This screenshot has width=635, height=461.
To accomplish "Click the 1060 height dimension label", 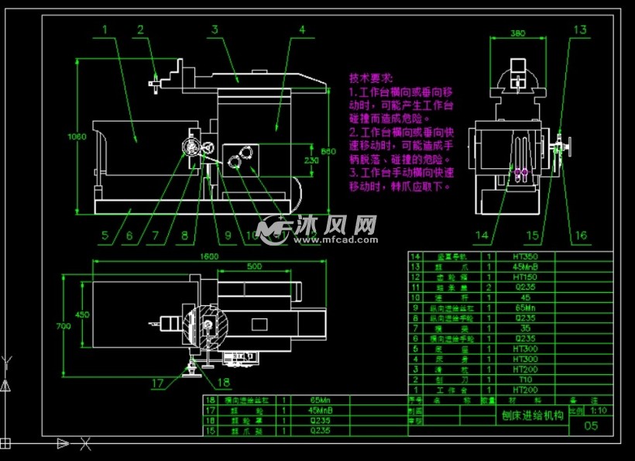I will point(75,136).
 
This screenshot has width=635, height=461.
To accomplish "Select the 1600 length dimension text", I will point(209,256).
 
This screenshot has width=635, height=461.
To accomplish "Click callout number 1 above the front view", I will point(105,29).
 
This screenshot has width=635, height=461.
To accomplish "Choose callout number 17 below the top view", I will point(158,382).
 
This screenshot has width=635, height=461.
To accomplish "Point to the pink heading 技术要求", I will point(371,78).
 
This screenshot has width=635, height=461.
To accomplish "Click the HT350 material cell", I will point(524,256).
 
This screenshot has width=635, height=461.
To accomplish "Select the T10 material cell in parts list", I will point(524,380).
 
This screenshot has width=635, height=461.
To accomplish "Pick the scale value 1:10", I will point(599,411).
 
